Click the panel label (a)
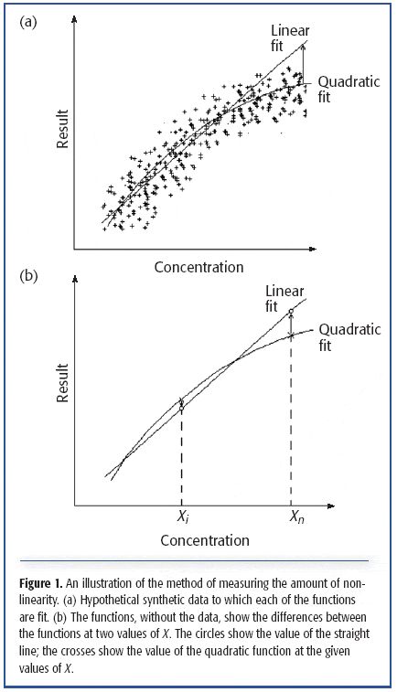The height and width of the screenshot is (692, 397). pos(29,22)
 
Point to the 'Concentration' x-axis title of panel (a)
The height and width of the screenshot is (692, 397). pos(198,267)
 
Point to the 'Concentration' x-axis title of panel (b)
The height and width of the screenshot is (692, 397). pos(205,540)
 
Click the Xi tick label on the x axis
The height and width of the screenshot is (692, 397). pos(182,518)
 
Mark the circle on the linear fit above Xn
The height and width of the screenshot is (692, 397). pos(291,313)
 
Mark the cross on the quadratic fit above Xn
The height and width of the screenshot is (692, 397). pos(291,335)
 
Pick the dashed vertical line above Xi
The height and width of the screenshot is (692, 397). pos(182,457)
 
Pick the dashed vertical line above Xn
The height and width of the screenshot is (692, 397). pos(291,421)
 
